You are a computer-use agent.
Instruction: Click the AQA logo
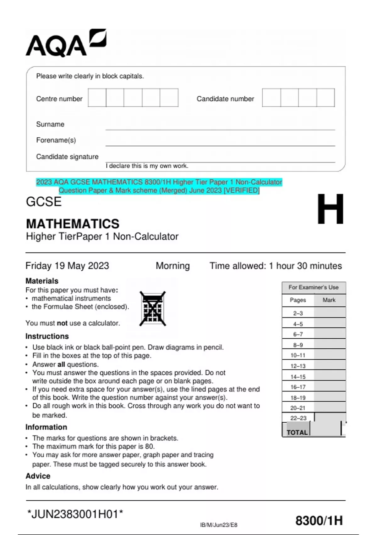coord(66,43)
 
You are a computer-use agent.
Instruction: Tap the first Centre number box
coord(97,98)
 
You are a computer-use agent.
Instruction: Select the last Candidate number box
coord(325,98)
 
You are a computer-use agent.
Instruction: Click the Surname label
coord(50,124)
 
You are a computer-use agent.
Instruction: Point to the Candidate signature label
coord(67,157)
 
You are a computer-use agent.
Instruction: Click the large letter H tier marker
coord(330,209)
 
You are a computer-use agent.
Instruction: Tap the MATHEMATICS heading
coord(73,224)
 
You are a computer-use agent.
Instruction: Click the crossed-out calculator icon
coord(153,309)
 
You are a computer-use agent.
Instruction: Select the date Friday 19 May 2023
coord(67,266)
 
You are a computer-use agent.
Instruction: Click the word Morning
coord(173,266)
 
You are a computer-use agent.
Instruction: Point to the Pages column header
coord(298,300)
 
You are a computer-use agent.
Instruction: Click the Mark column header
coord(329,300)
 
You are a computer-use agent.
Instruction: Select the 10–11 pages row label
coord(298,355)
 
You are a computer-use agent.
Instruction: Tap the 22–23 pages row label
coord(298,418)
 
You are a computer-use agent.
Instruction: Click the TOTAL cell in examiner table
coord(297,432)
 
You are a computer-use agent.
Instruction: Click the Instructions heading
coord(47,336)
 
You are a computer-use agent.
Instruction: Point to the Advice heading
coord(38,476)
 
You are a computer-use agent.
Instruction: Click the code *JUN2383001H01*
coord(75,514)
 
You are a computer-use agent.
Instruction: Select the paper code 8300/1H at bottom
coord(319,521)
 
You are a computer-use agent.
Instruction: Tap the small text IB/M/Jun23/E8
coord(219,525)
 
